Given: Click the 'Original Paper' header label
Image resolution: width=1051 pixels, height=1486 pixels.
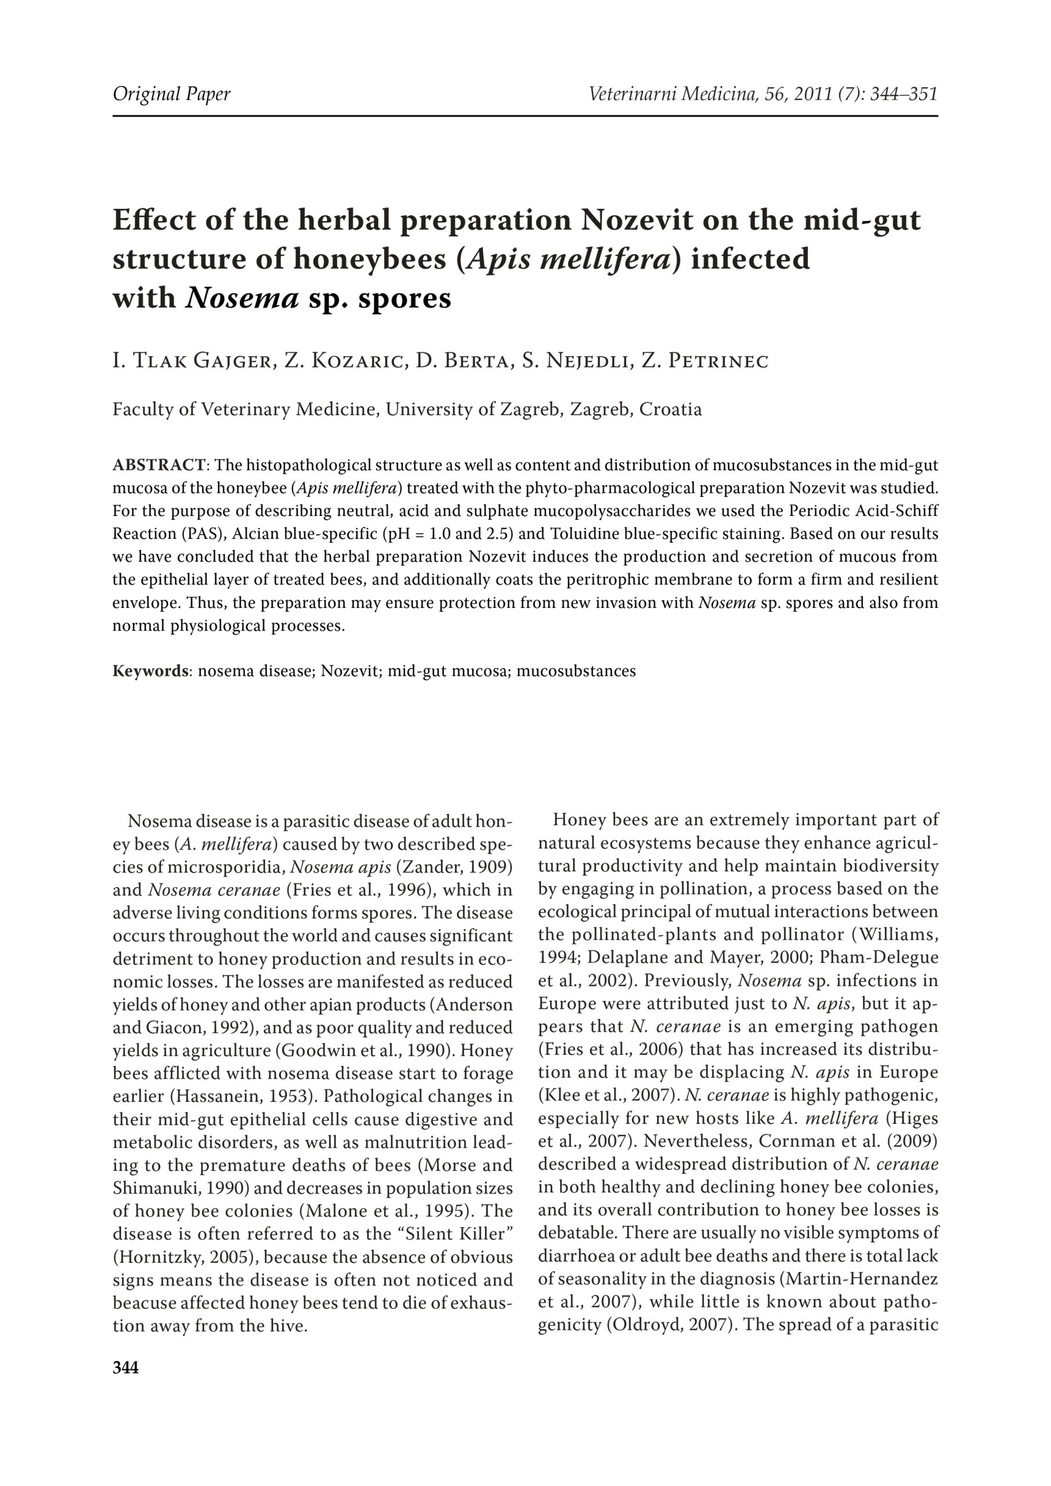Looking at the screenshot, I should pos(172,95).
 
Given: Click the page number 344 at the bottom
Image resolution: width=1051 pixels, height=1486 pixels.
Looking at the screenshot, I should pos(125,1368).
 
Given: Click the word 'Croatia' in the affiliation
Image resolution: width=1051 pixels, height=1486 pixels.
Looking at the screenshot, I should pos(670,410).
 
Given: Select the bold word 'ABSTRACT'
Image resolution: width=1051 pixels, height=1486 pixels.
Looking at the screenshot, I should pos(159,466).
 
